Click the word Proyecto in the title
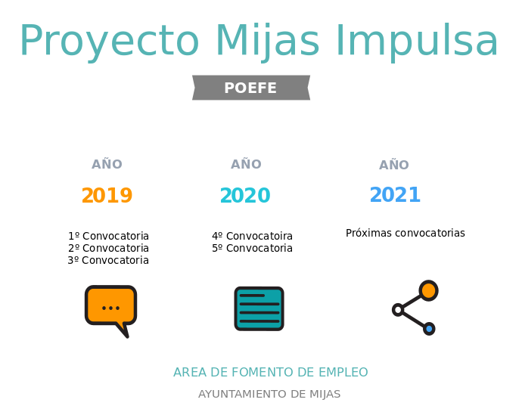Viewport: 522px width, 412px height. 110,42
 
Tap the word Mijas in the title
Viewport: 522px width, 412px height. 268,41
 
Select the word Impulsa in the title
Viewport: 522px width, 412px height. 417,42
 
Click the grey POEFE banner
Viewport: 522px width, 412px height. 251,88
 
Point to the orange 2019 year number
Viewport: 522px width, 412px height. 107,195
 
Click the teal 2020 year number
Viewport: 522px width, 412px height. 245,195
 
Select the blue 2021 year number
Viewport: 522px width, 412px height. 395,194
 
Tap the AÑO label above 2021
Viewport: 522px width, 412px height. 394,164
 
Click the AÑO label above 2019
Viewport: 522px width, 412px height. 107,164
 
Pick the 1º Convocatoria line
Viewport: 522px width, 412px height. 108,236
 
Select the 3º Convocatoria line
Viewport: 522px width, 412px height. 108,260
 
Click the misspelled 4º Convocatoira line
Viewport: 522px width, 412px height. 253,236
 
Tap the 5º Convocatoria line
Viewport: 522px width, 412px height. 253,248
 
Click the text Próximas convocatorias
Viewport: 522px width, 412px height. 405,233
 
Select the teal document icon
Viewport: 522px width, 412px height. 259,308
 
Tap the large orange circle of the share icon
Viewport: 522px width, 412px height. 428,290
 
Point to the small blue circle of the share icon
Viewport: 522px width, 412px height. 429,329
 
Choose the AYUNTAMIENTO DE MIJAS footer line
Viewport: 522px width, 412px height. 269,394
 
